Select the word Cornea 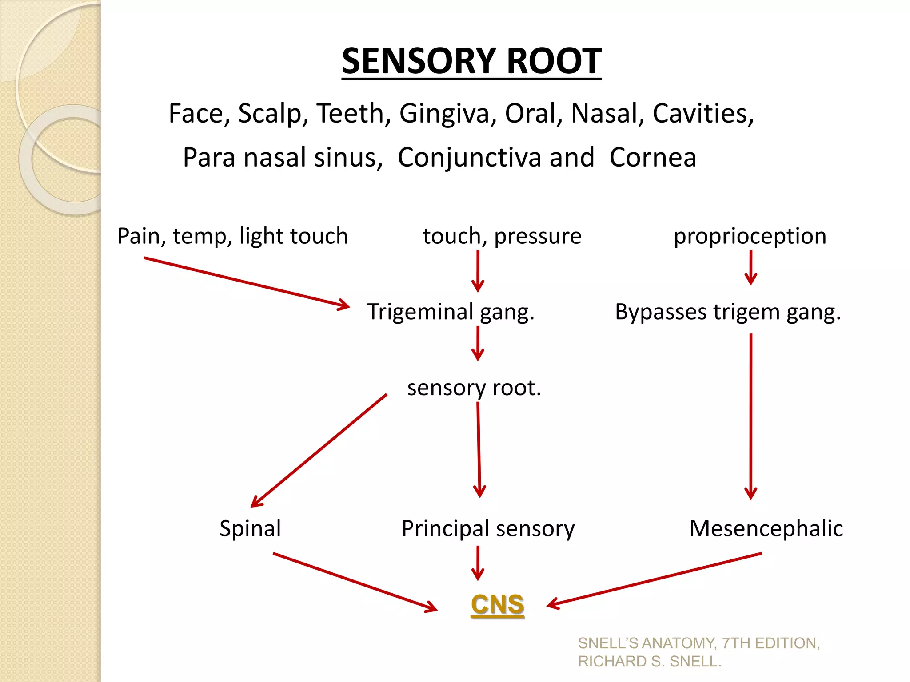point(652,157)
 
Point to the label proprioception point(750,236)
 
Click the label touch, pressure point(502,236)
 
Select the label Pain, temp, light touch point(232,236)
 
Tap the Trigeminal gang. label point(451,312)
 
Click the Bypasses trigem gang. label point(728,312)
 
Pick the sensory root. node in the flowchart point(474,388)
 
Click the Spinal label point(250,528)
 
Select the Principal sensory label point(488,528)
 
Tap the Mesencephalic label point(766,528)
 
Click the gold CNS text point(497,605)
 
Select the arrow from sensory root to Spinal point(319,450)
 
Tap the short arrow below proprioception point(750,267)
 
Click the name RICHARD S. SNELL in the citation point(649,662)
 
